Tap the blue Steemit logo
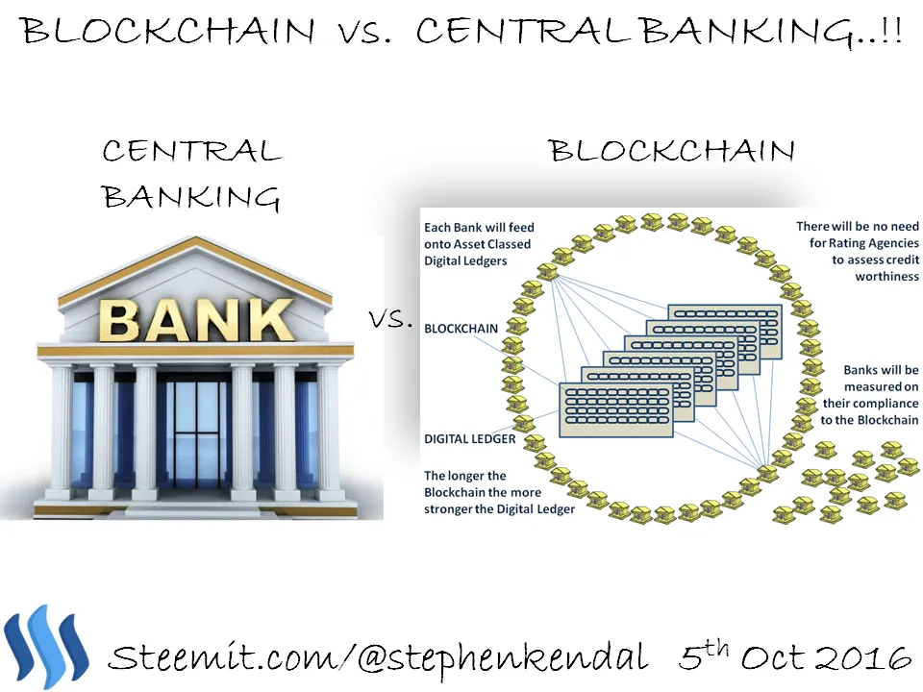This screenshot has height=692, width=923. coord(46,647)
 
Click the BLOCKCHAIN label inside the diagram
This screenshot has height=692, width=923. coord(461,329)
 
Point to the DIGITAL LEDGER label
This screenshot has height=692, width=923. coord(470,439)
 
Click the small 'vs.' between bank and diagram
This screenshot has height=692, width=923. coord(389,319)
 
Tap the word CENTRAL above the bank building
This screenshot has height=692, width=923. coord(192,151)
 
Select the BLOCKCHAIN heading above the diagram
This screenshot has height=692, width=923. coord(672,151)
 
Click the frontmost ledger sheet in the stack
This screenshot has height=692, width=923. coord(615,409)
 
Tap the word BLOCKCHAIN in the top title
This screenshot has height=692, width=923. coord(168,30)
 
